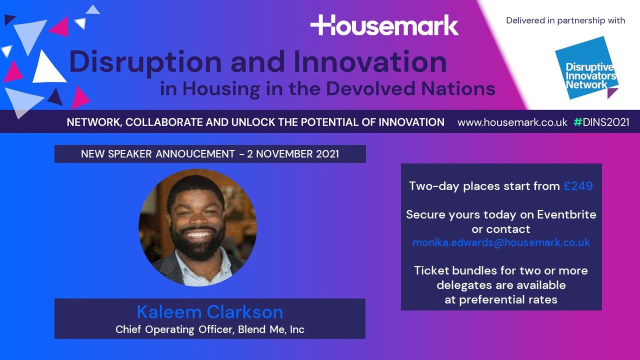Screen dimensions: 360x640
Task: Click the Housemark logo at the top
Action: coord(384,25)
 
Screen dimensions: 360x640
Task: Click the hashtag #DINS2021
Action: coord(601,122)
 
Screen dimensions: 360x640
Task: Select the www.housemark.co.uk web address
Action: coord(512,122)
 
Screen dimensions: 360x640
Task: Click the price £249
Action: coord(578,186)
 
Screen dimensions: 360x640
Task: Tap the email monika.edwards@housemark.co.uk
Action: coord(501,242)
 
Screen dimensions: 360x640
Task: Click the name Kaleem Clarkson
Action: coord(210,312)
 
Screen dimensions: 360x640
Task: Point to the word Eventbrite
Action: coord(566,214)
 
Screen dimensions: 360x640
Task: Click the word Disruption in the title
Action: coord(145,62)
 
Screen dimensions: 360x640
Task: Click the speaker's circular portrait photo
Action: coord(197,227)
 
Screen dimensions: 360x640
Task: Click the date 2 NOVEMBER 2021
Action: coord(293,154)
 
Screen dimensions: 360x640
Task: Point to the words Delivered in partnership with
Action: coord(565,20)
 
